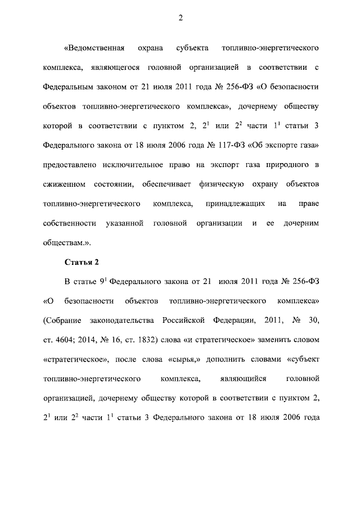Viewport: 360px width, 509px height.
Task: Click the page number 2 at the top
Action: (181, 18)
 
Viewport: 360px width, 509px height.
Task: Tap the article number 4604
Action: (64, 339)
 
